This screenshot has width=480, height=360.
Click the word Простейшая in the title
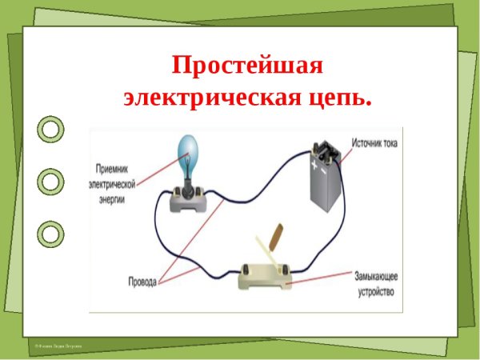point(247,65)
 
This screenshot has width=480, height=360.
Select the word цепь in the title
point(340,98)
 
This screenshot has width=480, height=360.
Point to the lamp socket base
point(190,199)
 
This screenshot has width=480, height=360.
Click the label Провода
point(142,282)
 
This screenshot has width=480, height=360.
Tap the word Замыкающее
point(376,276)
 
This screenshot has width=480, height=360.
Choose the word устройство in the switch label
point(376,292)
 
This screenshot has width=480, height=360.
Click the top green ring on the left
point(50,128)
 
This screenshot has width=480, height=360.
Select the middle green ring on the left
point(50,181)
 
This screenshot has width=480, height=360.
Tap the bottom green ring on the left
point(50,234)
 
